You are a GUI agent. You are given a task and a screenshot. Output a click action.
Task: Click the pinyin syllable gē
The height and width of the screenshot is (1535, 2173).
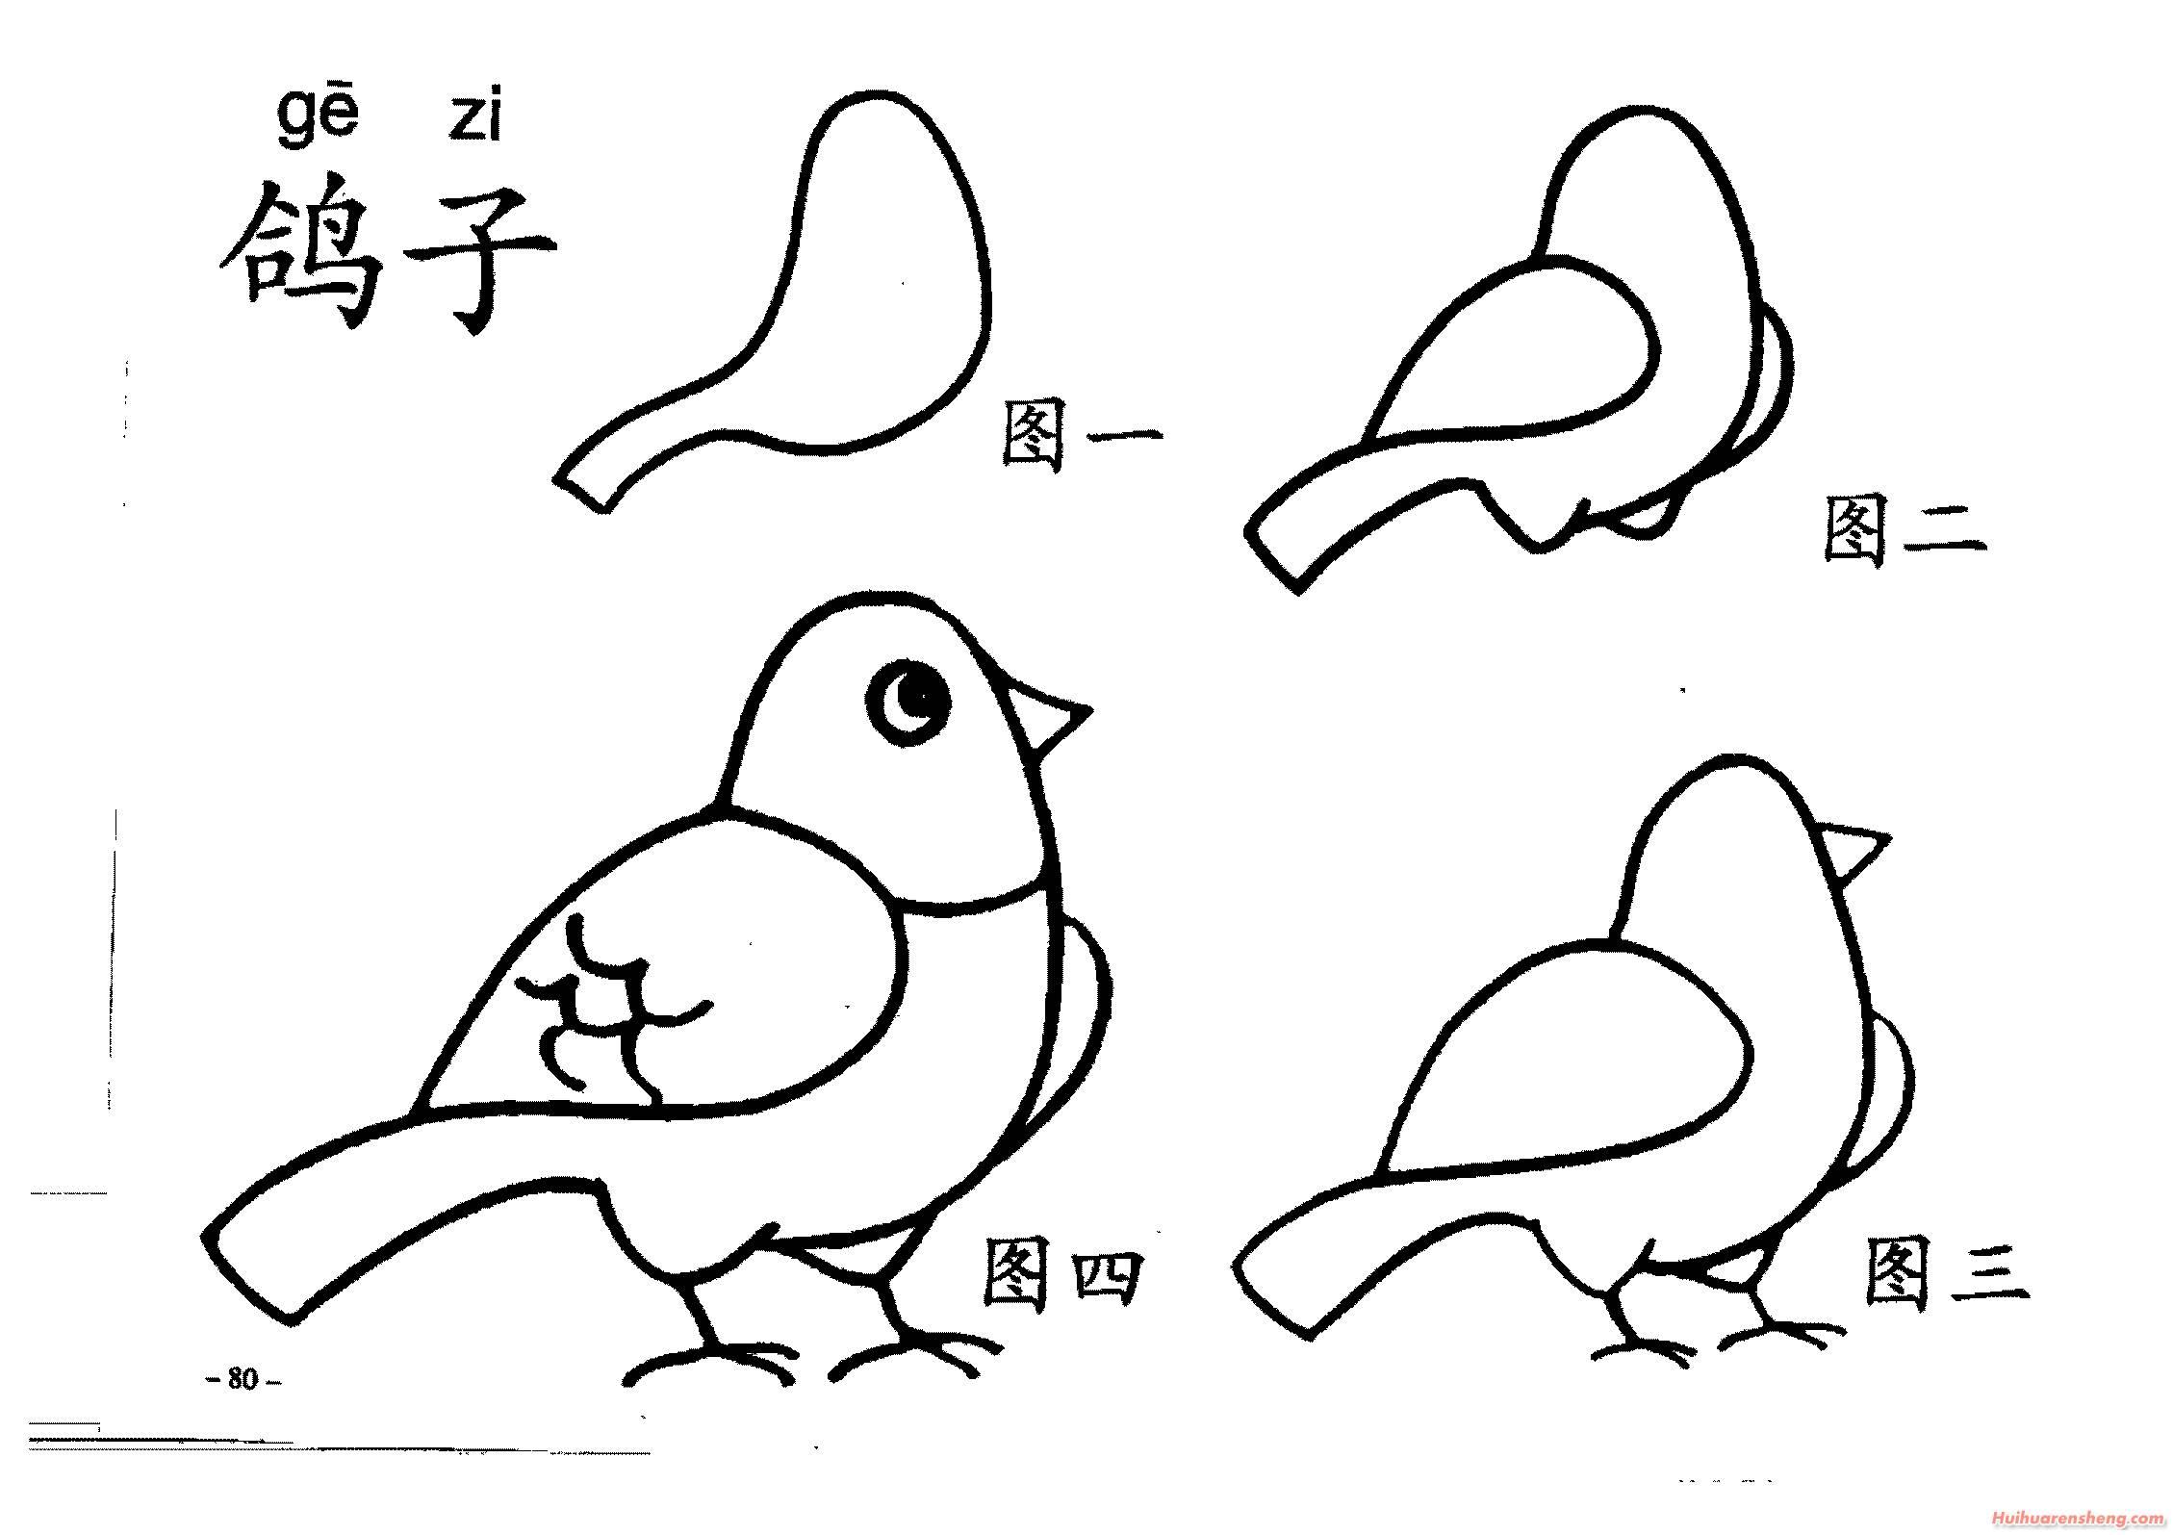[x=318, y=121]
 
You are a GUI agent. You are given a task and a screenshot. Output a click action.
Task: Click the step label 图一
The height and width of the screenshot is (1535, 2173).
[x=1081, y=436]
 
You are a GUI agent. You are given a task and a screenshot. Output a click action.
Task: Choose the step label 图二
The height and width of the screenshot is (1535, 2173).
[x=1904, y=530]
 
